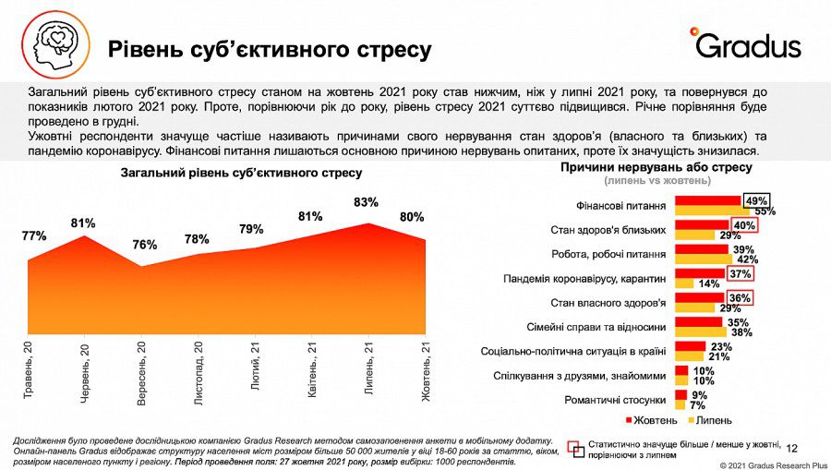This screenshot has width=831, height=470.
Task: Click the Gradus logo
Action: pyautogui.click(x=744, y=42)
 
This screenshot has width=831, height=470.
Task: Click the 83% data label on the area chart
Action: pyautogui.click(x=366, y=202)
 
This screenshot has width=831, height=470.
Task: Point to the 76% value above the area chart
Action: pyautogui.click(x=144, y=245)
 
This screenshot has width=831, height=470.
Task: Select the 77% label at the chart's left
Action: pyautogui.click(x=34, y=236)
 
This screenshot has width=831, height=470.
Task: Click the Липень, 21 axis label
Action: pyautogui.click(x=368, y=369)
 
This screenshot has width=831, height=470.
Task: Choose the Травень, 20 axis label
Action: pyautogui.click(x=28, y=369)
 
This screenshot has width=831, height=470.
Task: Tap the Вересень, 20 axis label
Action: pyautogui.click(x=141, y=369)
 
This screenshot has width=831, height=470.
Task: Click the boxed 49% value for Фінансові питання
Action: pyautogui.click(x=757, y=200)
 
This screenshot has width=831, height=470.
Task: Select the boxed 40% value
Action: pyautogui.click(x=743, y=224)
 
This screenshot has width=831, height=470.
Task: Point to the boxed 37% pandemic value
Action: pyautogui.click(x=739, y=273)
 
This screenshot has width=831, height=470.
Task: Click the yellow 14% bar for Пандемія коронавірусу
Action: pyautogui.click(x=687, y=283)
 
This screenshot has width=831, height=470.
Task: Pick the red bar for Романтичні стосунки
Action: pyautogui.click(x=680, y=395)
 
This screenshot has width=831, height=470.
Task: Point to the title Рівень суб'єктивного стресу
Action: pyautogui.click(x=269, y=49)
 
